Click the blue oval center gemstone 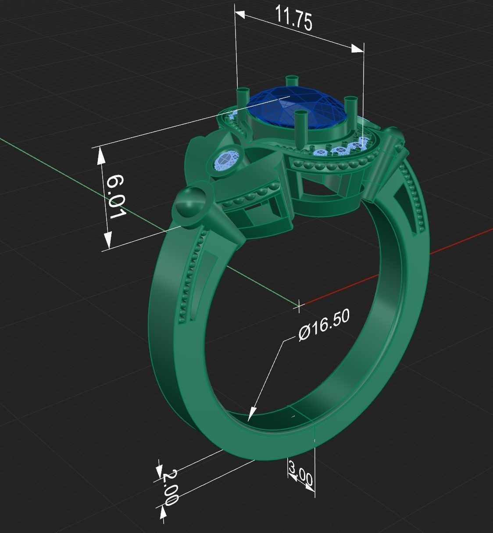(298, 107)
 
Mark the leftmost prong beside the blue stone (243, 96)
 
